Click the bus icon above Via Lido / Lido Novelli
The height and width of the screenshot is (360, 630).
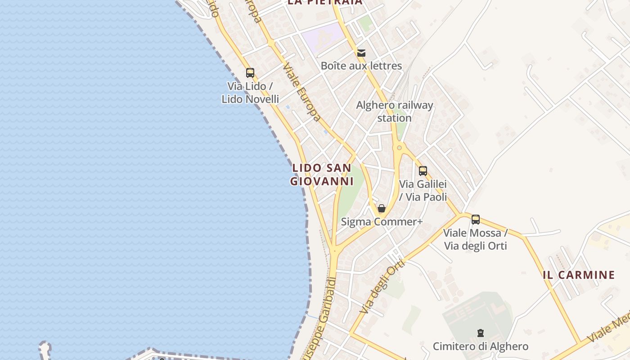tap(250, 72)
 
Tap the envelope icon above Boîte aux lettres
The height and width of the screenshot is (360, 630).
tap(361, 53)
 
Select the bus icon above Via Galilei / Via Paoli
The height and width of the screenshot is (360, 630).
tap(423, 171)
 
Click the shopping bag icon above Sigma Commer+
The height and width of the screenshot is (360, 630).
tap(382, 208)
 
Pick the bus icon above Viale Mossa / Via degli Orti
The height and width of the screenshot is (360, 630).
tap(476, 220)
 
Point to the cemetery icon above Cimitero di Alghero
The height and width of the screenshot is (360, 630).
tap(481, 333)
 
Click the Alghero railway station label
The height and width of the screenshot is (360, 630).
tap(395, 112)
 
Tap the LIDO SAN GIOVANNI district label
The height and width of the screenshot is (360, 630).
tap(321, 175)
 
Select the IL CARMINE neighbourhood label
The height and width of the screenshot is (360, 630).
tap(579, 275)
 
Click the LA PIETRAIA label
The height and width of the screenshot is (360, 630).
tap(325, 2)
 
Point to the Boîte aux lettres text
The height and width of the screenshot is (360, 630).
tap(361, 66)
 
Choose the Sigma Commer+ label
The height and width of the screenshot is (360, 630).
tap(382, 222)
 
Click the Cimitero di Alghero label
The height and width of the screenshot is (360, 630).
tap(481, 346)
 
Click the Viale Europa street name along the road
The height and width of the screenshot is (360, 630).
tap(301, 92)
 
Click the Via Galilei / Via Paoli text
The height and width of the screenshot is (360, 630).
tap(423, 190)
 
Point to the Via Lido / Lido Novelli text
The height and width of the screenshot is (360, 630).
tap(250, 92)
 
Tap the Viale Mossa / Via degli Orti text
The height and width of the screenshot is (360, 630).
tap(476, 239)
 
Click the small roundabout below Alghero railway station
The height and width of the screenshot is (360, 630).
tap(399, 147)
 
